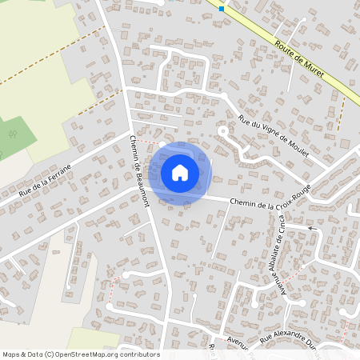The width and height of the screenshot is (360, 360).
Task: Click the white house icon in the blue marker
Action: click(180, 172)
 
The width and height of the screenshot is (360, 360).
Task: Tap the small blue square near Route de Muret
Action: click(222, 8)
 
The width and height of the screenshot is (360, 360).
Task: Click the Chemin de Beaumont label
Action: click(139, 170)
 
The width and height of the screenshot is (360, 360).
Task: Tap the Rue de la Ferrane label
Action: click(45, 180)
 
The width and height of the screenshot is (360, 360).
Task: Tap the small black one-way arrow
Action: click(313, 228)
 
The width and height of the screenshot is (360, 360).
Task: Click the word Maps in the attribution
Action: click(12, 354)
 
